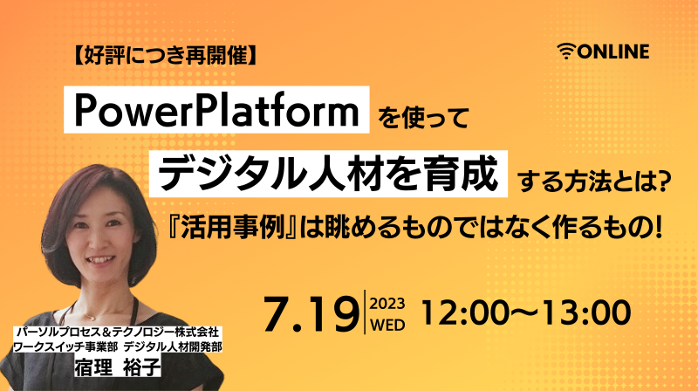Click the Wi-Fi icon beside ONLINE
point(566,51)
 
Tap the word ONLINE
point(613,51)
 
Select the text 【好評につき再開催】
point(166,56)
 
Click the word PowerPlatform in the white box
point(216,110)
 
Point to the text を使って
point(423,118)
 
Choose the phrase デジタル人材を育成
point(328,174)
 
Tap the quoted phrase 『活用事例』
point(233,228)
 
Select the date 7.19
point(311,313)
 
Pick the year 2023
point(387,304)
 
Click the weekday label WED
point(387,325)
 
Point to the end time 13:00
point(586,312)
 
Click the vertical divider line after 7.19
point(365,312)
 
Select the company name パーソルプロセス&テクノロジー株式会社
point(118,332)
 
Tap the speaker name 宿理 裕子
point(118,367)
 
